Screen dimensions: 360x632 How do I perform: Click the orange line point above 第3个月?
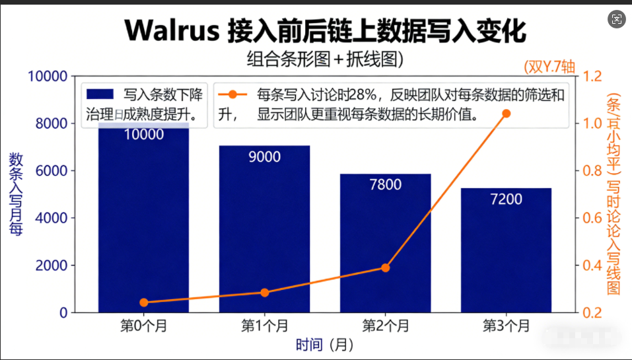(507, 114)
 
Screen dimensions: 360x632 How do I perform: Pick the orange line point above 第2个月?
(386, 268)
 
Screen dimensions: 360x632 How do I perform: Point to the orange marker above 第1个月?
(265, 293)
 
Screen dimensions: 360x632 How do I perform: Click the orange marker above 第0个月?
(144, 303)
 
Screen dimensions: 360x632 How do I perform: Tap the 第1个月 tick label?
(264, 326)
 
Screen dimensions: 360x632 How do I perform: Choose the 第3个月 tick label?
(506, 326)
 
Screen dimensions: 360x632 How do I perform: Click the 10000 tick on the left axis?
(47, 77)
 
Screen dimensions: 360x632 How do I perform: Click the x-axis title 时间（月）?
(324, 344)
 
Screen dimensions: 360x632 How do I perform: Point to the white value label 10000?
(143, 135)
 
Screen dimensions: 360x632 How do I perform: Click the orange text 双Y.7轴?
(549, 66)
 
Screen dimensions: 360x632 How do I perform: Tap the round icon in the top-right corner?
(617, 19)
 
